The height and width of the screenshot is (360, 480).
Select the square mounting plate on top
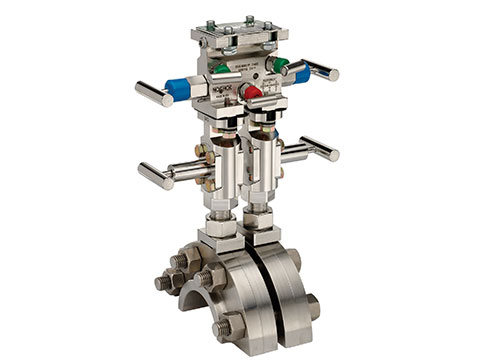[x=236, y=30]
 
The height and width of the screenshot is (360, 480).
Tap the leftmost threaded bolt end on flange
[x=162, y=283]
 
